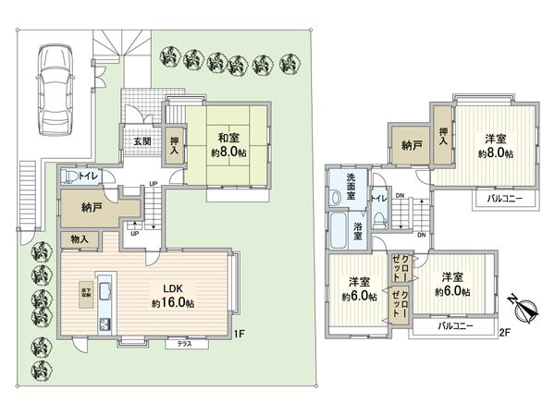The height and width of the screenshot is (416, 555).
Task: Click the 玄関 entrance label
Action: click(143, 141)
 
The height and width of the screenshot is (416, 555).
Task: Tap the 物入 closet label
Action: click(80, 239)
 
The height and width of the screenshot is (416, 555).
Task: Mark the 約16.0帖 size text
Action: click(173, 302)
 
